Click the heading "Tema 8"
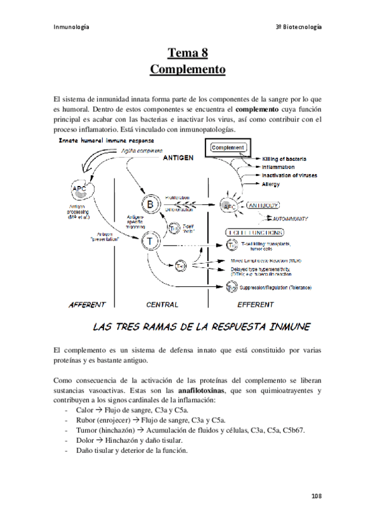(x=187, y=54)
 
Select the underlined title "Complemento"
(x=187, y=69)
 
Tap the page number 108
(x=316, y=496)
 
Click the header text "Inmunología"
(x=71, y=27)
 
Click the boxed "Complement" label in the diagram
(x=229, y=148)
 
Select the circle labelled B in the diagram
(x=151, y=204)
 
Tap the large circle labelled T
(x=151, y=240)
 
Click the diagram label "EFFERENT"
(x=255, y=305)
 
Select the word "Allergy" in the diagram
(x=271, y=184)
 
